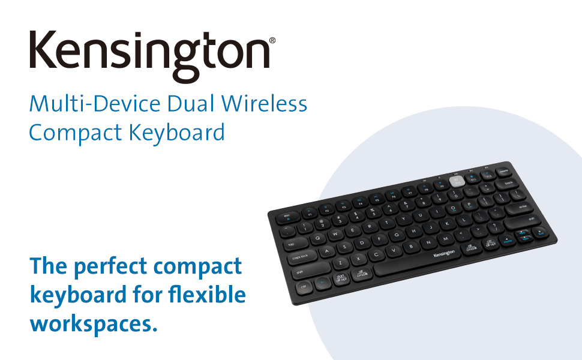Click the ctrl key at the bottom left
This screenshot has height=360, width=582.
tap(304, 287)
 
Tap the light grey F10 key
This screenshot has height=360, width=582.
tap(455, 180)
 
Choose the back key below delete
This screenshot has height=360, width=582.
tap(509, 183)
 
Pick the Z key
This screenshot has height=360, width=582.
tap(340, 263)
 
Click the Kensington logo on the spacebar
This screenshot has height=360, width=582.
tap(444, 254)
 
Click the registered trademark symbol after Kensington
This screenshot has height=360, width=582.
tap(272, 41)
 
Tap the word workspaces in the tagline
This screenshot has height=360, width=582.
tap(89, 323)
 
